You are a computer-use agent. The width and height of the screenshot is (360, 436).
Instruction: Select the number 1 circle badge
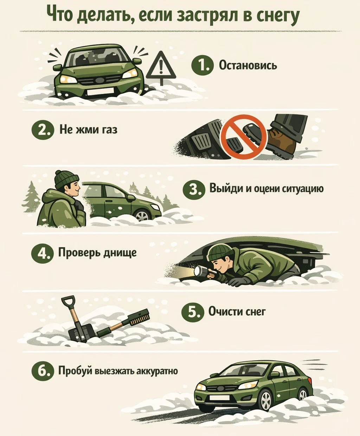(202, 65)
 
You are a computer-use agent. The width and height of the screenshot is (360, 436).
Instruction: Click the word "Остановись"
(248, 65)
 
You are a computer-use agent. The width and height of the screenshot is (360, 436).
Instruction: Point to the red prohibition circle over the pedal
(244, 137)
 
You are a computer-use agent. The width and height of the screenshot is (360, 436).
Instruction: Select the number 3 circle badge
(193, 190)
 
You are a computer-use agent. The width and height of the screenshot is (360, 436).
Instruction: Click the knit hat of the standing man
(66, 179)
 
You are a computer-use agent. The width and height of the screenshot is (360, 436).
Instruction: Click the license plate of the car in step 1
(100, 91)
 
